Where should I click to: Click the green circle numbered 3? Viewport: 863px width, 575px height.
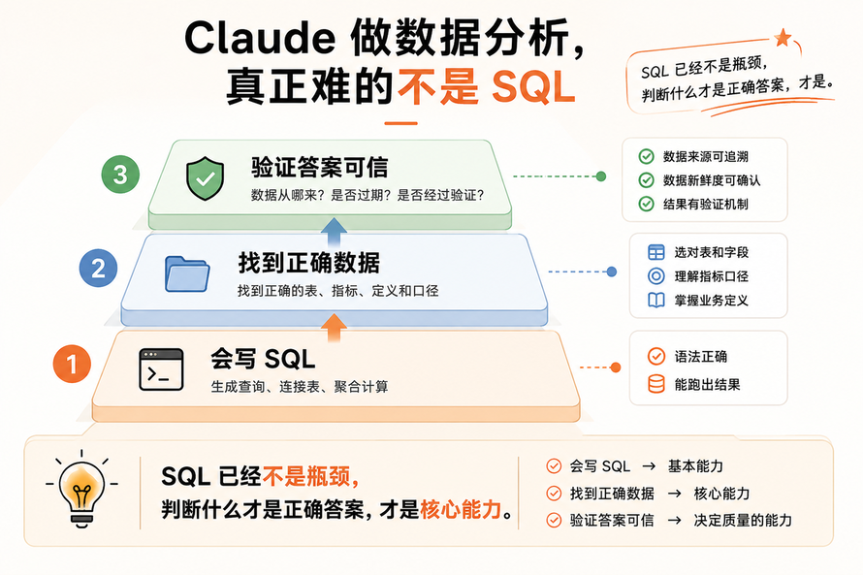pos(120,175)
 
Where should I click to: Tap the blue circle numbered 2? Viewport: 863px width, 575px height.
pos(99,269)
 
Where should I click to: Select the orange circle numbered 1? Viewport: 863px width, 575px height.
pos(72,364)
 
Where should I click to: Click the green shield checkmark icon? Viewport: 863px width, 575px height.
pos(206,177)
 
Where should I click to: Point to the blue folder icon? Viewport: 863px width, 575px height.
pos(187,273)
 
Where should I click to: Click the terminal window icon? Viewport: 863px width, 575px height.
pos(161,369)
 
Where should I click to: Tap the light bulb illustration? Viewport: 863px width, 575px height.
pos(81,490)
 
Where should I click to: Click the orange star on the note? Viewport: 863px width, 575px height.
pos(783,38)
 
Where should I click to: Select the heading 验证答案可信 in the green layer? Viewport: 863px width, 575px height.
pos(320,168)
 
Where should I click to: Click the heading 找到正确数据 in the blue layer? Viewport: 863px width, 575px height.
pos(308,263)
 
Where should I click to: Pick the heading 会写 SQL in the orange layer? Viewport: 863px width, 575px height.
pos(263,360)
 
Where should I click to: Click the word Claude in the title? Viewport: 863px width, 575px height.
pos(260,38)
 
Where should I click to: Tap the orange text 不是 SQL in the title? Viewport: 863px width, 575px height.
pos(487,87)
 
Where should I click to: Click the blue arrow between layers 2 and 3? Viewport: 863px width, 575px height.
pos(334,232)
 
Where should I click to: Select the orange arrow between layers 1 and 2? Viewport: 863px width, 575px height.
pos(334,328)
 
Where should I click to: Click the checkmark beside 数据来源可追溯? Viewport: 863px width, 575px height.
pos(646,156)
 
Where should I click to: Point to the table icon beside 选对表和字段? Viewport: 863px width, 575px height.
pos(656,252)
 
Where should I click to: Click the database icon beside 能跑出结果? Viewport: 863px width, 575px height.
pos(656,384)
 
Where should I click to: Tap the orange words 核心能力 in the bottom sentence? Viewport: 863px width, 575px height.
pos(461,509)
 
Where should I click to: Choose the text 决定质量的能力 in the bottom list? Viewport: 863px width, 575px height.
pos(743,520)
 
